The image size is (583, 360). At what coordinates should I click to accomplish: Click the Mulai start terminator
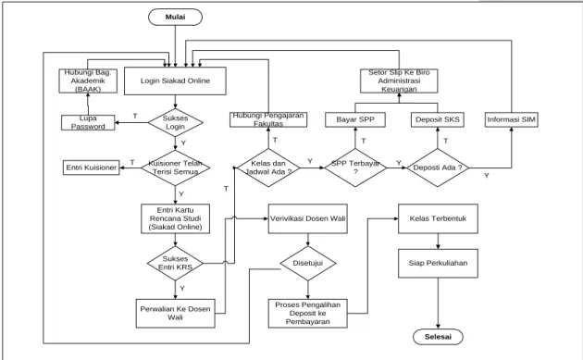point(175,17)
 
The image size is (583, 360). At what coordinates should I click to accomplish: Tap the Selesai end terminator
point(438,337)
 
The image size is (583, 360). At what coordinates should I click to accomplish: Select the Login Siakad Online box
point(175,81)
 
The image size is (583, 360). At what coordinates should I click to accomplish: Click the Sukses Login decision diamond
point(176,122)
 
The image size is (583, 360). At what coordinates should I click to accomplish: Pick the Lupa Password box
point(88,122)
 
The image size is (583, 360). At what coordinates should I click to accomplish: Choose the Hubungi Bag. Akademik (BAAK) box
point(88,81)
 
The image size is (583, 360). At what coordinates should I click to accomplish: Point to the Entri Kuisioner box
point(91,168)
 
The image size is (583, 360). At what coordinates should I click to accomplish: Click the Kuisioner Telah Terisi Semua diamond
point(176,168)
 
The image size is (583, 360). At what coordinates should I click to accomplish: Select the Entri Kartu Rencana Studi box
point(176,218)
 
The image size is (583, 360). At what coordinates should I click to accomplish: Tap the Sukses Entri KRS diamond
point(175,264)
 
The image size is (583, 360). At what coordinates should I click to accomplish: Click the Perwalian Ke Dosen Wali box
point(175,313)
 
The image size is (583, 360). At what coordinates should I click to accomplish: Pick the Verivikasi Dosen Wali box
point(308,218)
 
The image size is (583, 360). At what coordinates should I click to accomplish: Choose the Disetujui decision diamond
point(308,264)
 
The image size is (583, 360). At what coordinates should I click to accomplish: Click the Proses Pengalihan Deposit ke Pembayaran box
point(308,313)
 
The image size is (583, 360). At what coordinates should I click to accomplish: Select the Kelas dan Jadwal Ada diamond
point(268,168)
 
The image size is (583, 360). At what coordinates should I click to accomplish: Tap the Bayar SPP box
point(355,119)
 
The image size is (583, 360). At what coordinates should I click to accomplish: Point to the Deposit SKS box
point(438,119)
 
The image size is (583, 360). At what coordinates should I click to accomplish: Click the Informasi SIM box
point(511,119)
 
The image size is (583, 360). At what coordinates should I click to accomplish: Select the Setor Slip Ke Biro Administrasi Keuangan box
point(399,81)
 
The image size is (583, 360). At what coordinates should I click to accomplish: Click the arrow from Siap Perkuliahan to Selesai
point(438,304)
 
